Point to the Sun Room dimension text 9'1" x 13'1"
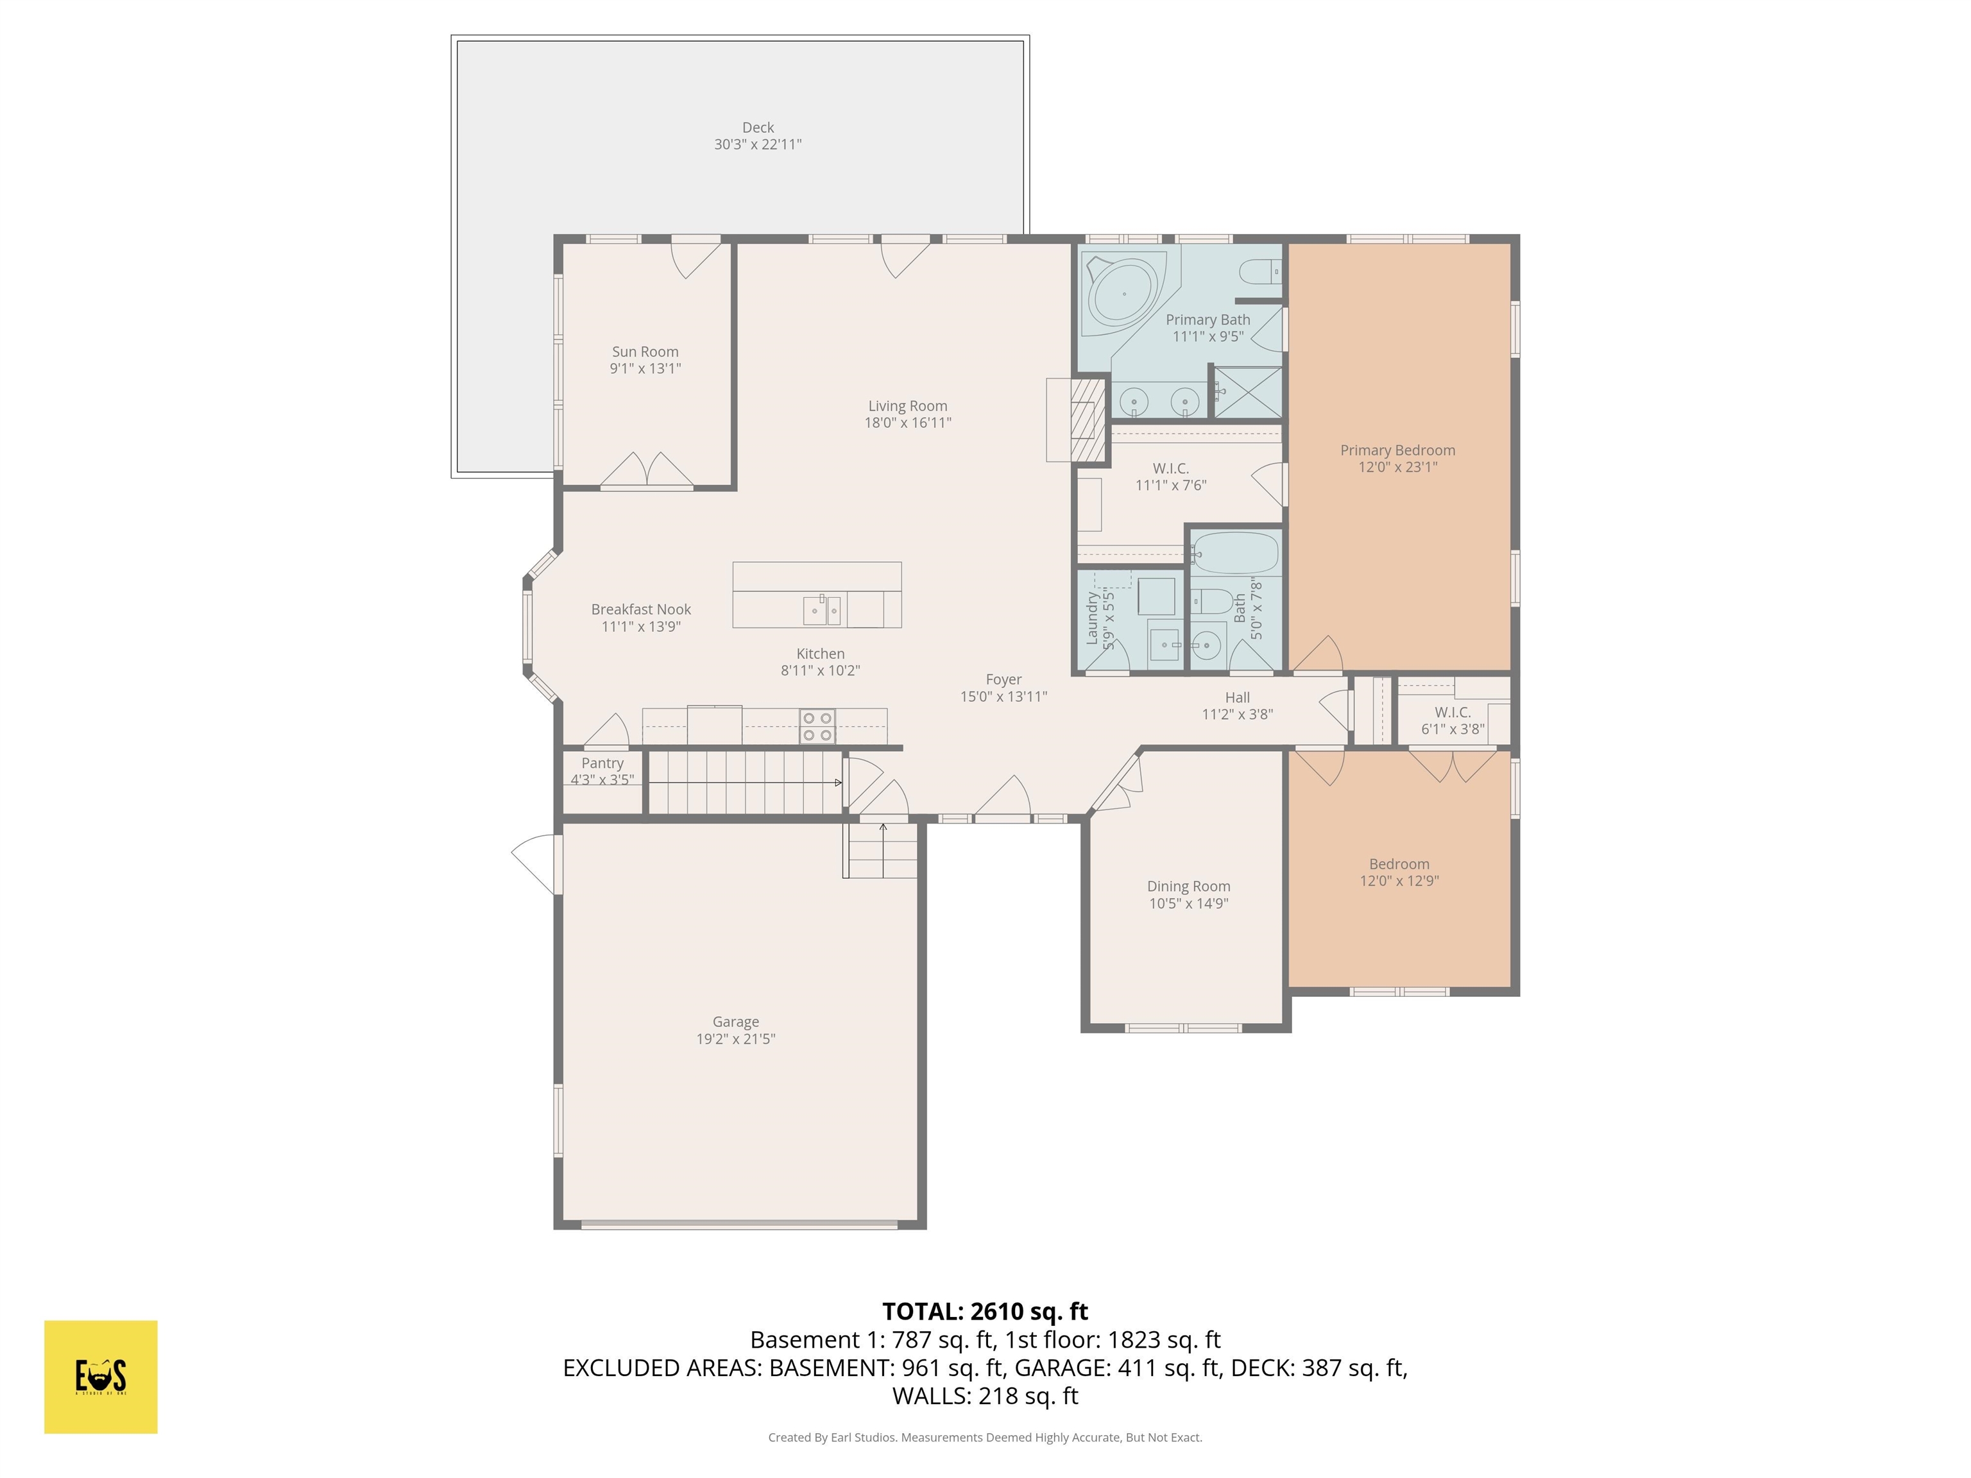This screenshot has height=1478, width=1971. click(645, 368)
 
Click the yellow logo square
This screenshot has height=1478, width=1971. click(101, 1377)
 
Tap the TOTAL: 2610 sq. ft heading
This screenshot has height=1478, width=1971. click(985, 1311)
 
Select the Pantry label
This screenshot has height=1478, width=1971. click(602, 763)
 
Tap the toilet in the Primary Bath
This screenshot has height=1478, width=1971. click(1261, 270)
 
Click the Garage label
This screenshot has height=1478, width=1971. click(735, 1022)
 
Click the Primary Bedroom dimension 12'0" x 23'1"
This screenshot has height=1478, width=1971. click(1397, 467)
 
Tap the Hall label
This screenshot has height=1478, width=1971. click(1237, 697)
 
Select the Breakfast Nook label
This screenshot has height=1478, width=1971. click(641, 609)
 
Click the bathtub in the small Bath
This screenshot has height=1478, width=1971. click(1235, 553)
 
